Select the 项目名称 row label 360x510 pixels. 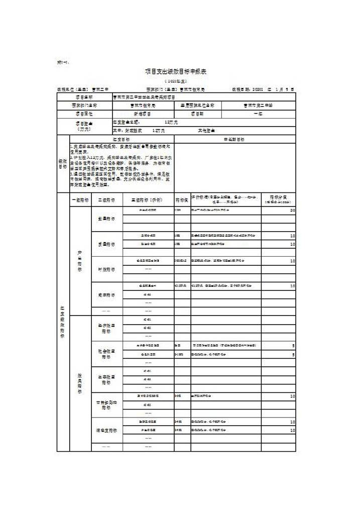click(84, 97)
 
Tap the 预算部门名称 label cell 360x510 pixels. click(84, 106)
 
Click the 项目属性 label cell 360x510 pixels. click(84, 114)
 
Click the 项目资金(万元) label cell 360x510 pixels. click(84, 126)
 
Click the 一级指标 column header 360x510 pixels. click(80, 199)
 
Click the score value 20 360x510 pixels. click(292, 211)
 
